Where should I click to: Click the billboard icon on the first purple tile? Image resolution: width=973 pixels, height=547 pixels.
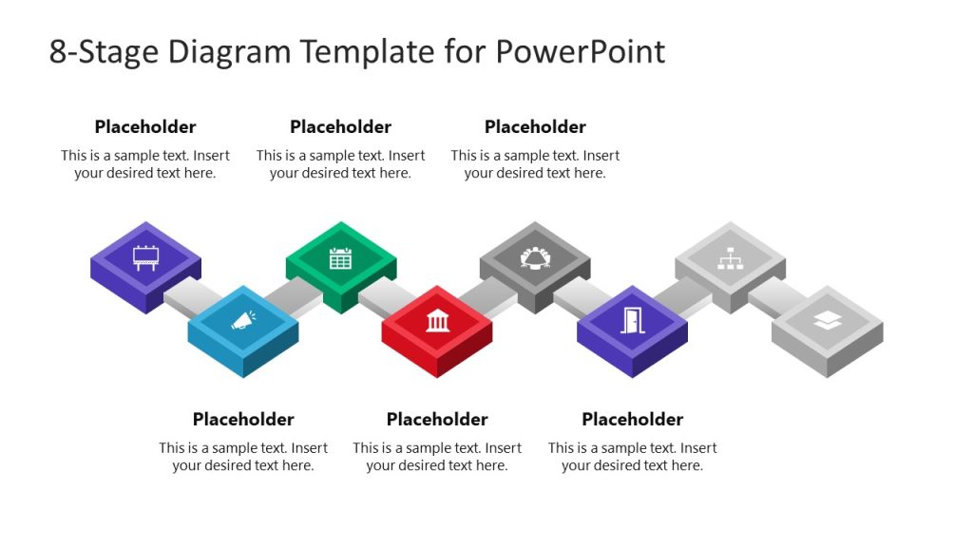tap(145, 256)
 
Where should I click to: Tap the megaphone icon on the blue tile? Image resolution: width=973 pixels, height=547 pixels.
tap(242, 321)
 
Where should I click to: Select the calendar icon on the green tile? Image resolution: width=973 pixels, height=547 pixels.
tap(340, 256)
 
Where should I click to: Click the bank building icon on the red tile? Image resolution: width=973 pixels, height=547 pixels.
tap(437, 321)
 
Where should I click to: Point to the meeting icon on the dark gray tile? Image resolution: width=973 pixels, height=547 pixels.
tap(535, 256)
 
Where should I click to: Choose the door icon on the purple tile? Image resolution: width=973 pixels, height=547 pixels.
tap(632, 321)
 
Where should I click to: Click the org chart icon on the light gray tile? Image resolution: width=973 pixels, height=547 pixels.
tap(730, 256)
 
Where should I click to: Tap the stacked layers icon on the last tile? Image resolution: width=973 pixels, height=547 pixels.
tap(827, 321)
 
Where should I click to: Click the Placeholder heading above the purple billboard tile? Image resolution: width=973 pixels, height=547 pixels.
tap(145, 127)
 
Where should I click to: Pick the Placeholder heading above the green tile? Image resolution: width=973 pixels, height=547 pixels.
tap(340, 127)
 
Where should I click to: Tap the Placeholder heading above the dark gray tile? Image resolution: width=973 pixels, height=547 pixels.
tap(535, 127)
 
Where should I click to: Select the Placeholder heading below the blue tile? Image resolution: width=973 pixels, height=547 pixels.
tap(243, 420)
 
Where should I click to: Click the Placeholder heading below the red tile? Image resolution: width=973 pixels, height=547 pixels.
tap(437, 420)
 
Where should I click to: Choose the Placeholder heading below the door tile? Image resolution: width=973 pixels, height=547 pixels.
tap(632, 420)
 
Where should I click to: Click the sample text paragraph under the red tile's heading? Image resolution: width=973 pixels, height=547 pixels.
tap(437, 457)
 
